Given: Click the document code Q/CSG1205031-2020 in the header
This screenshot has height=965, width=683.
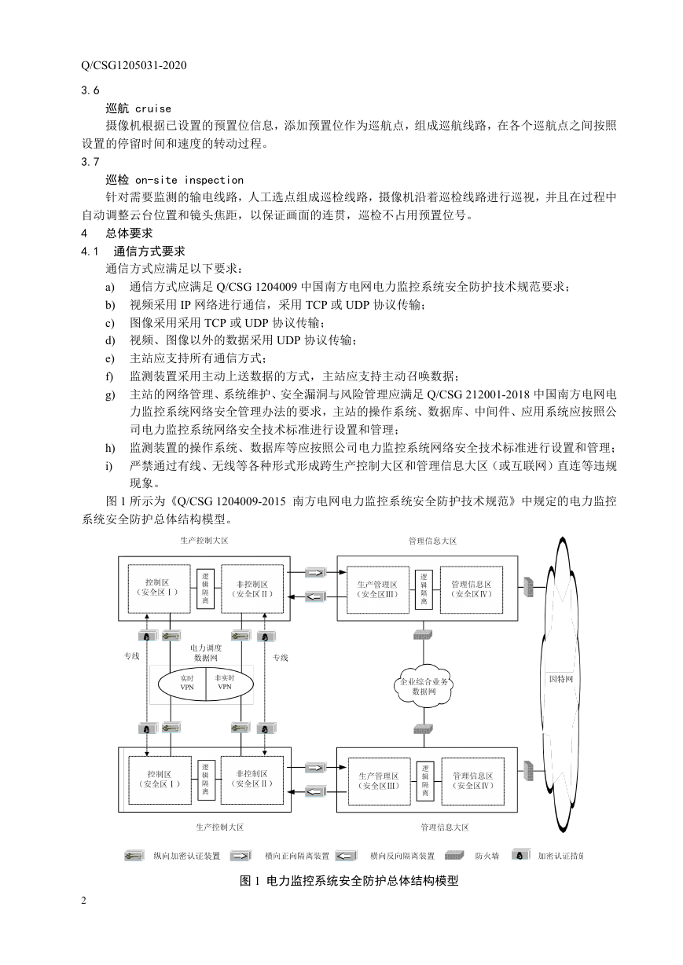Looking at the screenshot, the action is pos(134,65).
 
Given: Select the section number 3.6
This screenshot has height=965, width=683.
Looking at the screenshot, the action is pos(90,90).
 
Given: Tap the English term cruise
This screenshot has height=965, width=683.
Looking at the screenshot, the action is pos(153,108).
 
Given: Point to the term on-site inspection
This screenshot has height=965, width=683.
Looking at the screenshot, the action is pos(189,180).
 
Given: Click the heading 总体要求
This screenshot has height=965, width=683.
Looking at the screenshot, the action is pos(129,233).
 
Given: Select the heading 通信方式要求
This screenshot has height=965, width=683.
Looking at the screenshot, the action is pos(149,251).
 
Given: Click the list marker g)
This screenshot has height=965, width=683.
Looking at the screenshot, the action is pos(110,395).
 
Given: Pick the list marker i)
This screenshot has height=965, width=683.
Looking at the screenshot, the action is pos(109,466).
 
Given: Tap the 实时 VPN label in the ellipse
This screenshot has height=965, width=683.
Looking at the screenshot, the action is pos(187,683).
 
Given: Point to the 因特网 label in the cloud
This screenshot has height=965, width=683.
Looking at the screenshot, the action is pos(560,679).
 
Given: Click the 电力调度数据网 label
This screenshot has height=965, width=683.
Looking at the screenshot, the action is pos(206,653).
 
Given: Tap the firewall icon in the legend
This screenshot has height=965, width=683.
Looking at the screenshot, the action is pos(454,856).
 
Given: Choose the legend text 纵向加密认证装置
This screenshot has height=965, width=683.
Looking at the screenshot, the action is pos(187,856).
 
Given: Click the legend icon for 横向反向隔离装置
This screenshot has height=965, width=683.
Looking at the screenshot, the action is pos(346,856).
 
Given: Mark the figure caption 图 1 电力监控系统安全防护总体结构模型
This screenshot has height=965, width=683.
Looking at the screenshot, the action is pos(349,881).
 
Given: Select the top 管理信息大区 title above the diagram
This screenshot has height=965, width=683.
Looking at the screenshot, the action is pos(432,541).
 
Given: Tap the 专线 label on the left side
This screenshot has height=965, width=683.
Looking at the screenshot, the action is pos(132,656).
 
